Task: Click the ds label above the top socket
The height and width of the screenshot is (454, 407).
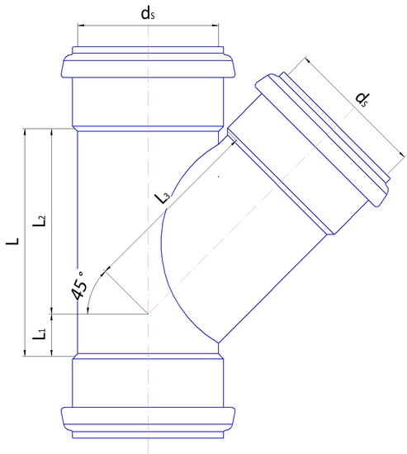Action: tap(149, 14)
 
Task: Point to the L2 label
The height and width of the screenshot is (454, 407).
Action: tap(39, 221)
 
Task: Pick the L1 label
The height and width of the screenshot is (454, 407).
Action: tap(39, 335)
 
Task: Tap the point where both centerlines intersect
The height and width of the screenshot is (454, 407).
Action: tap(148, 314)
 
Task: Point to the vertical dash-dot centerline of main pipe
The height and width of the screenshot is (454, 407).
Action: tap(148, 165)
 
